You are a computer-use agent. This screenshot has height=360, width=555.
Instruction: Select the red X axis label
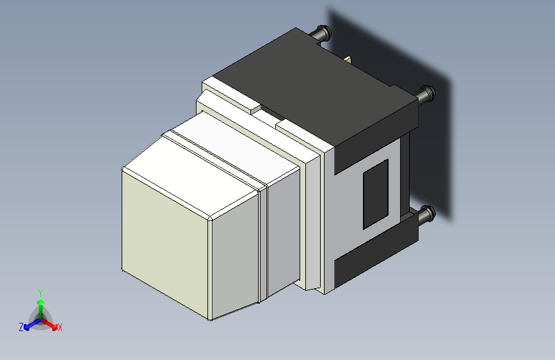pos(60,328)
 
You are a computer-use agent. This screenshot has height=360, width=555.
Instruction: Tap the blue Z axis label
pos(21,327)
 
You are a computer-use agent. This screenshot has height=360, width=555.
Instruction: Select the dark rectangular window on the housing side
pos(376,194)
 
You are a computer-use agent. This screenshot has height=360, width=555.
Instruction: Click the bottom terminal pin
pos(426,214)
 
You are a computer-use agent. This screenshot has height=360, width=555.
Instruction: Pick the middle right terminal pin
pos(427,95)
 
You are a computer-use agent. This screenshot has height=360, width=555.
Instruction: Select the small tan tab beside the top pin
pos(348,60)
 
